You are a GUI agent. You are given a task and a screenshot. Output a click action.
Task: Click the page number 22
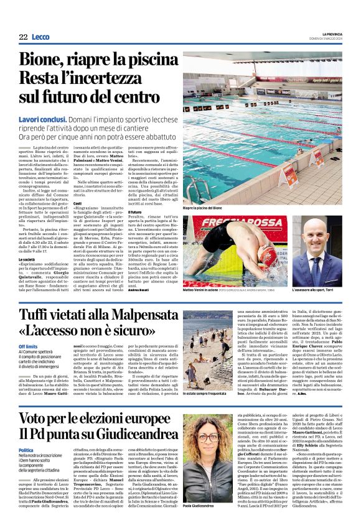pyautogui.click(x=23, y=37)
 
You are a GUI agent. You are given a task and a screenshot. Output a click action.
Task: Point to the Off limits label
pyautogui.click(x=28, y=346)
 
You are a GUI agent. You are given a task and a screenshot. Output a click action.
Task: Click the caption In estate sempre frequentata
pyautogui.click(x=210, y=394)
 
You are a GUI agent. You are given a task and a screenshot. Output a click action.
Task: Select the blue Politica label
pyautogui.click(x=26, y=450)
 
